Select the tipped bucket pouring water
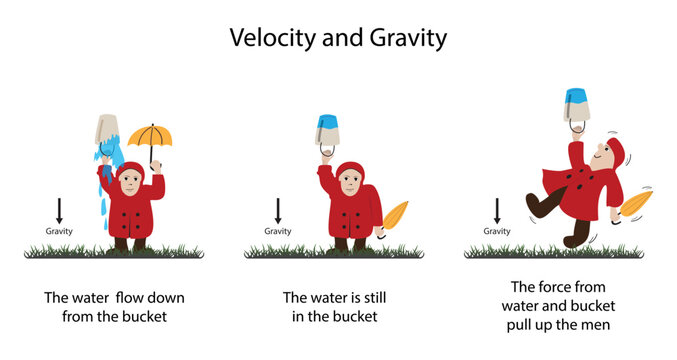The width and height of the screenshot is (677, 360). point(108,129)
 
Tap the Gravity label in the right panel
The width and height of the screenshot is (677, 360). point(497,231)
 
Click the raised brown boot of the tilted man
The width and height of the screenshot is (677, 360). point(538,207)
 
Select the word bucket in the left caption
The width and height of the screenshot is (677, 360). point(145,317)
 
